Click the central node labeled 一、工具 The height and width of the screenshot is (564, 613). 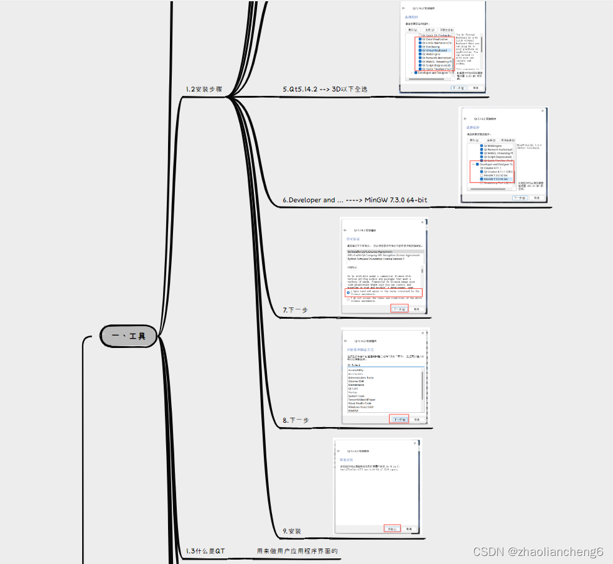[129, 336]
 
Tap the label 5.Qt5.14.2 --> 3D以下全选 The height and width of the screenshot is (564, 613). [325, 89]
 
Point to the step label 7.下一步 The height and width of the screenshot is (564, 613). [295, 309]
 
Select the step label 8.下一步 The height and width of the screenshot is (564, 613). [295, 420]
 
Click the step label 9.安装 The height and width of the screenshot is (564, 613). [292, 531]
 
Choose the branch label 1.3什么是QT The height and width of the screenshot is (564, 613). [205, 551]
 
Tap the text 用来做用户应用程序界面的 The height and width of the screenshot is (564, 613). [297, 551]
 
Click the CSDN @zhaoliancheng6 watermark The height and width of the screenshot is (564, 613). [538, 552]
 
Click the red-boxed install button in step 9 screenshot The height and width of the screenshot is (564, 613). [392, 529]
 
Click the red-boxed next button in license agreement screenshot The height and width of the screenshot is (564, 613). [399, 309]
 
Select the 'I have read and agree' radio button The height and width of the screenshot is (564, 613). [348, 292]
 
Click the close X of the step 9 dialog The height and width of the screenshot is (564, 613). [416, 444]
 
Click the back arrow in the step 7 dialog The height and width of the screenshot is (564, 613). [345, 229]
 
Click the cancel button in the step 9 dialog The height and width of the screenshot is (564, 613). [409, 529]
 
